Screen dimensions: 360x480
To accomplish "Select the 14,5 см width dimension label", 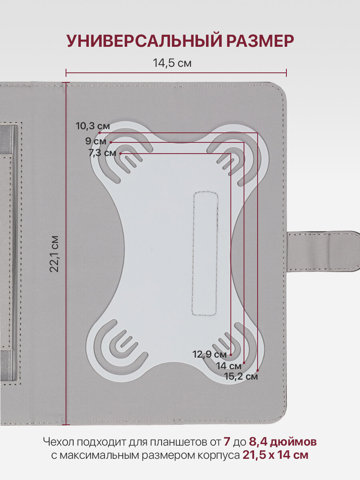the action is [x=172, y=63].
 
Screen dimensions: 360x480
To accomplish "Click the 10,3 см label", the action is [x=93, y=126].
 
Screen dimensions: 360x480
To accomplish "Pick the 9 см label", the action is [x=96, y=141].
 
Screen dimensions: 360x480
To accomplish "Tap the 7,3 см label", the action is [x=102, y=153].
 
